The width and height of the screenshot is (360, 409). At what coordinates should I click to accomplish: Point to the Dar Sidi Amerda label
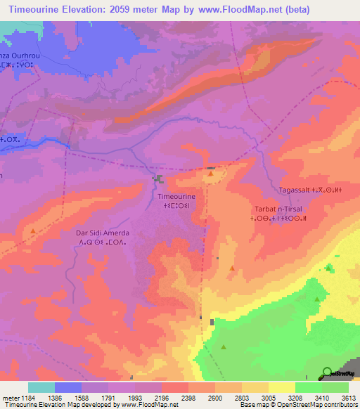click(102, 233)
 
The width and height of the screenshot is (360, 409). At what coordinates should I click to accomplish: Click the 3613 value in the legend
click(349, 397)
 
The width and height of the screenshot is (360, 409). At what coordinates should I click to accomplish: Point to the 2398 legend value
click(186, 397)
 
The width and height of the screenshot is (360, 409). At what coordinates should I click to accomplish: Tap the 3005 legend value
click(268, 397)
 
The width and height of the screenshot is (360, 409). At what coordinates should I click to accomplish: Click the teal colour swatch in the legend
click(41, 387)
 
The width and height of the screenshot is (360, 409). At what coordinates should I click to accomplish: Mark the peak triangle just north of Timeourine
click(210, 173)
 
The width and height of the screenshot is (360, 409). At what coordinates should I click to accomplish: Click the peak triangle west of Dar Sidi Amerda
click(33, 231)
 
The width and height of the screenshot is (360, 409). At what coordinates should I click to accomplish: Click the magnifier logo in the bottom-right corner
click(327, 372)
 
